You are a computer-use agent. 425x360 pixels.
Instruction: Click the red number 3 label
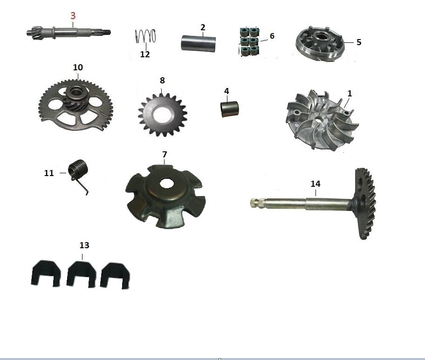click(x=73, y=16)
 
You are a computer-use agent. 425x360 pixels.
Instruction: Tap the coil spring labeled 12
click(x=145, y=36)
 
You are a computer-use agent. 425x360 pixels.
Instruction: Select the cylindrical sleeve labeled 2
click(x=198, y=43)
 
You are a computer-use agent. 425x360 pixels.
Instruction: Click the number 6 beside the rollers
click(x=272, y=36)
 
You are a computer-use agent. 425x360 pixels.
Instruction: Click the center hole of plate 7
click(x=167, y=183)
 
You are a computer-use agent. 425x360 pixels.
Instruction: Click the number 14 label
click(x=315, y=184)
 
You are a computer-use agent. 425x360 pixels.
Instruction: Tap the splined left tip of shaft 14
click(x=254, y=203)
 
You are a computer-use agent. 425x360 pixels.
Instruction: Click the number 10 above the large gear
click(x=78, y=67)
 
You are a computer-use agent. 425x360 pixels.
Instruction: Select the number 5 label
click(x=359, y=42)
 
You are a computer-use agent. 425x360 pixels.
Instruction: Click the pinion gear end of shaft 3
click(x=34, y=33)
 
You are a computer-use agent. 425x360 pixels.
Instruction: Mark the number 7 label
click(x=165, y=155)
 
